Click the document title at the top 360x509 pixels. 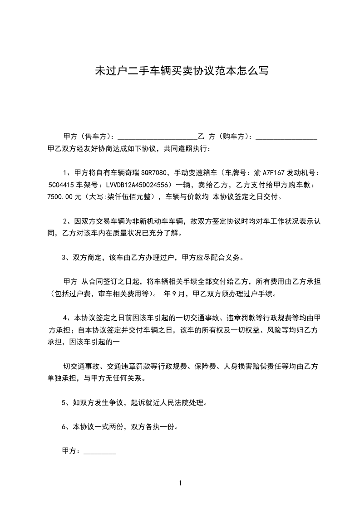click(x=181, y=71)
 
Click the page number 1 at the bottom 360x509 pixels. click(x=180, y=483)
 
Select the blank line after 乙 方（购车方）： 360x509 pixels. click(x=286, y=137)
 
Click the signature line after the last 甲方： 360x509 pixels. click(x=100, y=451)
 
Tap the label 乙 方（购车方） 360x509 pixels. click(x=222, y=137)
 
